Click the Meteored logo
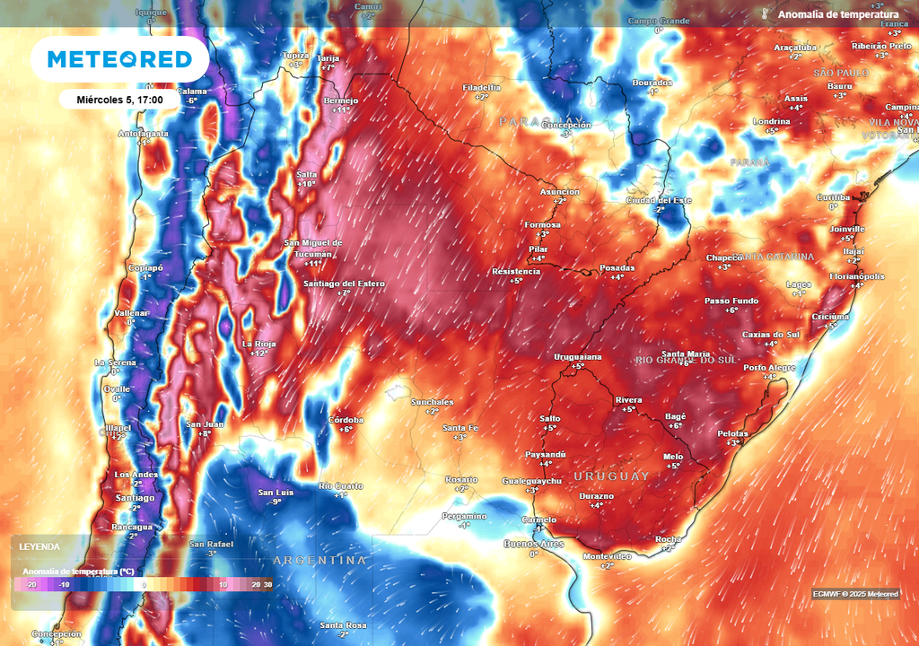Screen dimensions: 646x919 119,59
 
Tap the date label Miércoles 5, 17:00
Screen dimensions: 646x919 119,100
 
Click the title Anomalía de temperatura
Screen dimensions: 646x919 837,14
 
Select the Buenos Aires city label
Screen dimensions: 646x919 533,544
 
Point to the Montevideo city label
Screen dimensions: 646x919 608,556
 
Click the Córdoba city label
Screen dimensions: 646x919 346,420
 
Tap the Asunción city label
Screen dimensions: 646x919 559,192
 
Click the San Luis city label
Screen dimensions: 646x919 276,493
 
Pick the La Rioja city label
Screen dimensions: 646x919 259,344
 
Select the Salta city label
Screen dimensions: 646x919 307,174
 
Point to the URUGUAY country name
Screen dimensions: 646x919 610,476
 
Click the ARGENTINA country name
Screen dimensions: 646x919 319,560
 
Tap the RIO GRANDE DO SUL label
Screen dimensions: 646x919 687,360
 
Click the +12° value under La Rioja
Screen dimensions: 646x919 259,354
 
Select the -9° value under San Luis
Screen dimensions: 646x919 276,502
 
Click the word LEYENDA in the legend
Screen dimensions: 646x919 39,546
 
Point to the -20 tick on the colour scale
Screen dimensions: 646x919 31,584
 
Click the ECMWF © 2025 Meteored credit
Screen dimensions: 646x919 855,594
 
